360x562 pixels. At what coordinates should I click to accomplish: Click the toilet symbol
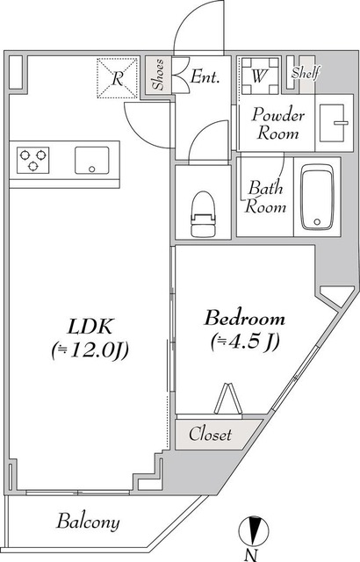pos(204,214)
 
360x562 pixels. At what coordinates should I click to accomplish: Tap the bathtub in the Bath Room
pos(317,197)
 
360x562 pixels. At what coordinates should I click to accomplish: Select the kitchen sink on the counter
pos(91,160)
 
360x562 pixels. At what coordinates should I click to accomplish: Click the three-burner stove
pos(33,160)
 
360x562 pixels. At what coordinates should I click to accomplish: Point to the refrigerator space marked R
pos(117,78)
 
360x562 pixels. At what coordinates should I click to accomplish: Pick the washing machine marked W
pos(260,76)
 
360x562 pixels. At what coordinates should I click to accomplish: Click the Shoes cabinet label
pos(158,75)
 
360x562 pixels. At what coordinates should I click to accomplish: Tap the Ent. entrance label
pos(205,76)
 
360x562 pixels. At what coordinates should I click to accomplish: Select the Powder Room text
pos(278,124)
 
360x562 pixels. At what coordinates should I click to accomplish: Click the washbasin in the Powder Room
pos(334,123)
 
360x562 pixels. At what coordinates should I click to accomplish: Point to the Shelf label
pos(306,73)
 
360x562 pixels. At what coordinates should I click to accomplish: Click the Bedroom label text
pos(245,318)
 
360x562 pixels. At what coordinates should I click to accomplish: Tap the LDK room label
pos(90,326)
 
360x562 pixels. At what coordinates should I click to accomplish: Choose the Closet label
pos(210,434)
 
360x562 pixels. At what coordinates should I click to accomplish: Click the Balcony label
pos(88,522)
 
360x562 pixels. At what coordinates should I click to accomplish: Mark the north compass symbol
pos(254,530)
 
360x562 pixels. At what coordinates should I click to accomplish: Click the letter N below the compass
pos(252,555)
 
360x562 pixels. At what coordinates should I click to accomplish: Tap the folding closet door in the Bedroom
pos(227,399)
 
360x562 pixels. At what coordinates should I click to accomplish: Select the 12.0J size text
pos(90,350)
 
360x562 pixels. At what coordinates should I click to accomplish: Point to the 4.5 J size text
pos(245,342)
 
